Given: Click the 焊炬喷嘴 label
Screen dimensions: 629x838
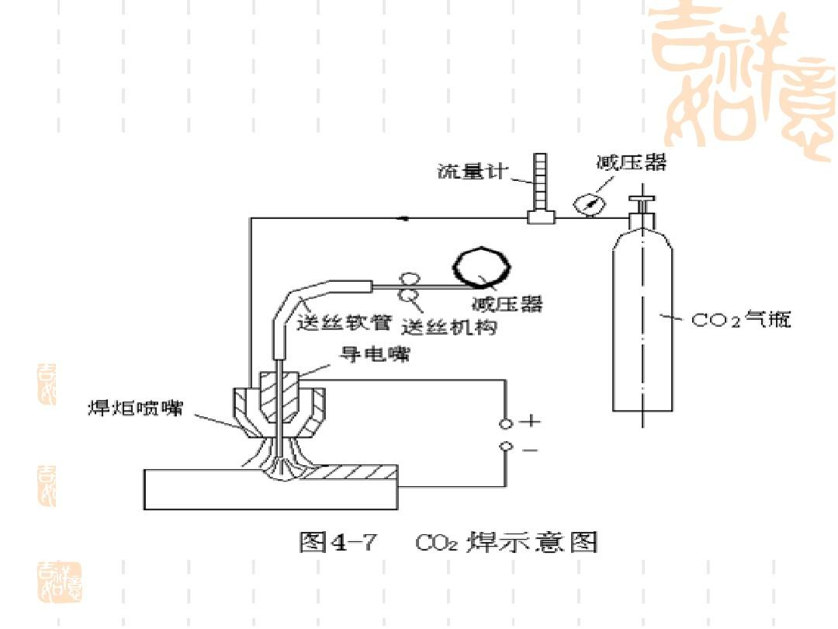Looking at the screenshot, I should pyautogui.click(x=133, y=409).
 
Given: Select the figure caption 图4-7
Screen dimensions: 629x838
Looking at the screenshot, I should pyautogui.click(x=338, y=541).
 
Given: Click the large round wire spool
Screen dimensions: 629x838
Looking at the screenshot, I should pyautogui.click(x=482, y=268).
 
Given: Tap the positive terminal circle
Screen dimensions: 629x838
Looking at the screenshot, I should pyautogui.click(x=506, y=423).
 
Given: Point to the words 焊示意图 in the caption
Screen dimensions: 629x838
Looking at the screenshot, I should pyautogui.click(x=532, y=541).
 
